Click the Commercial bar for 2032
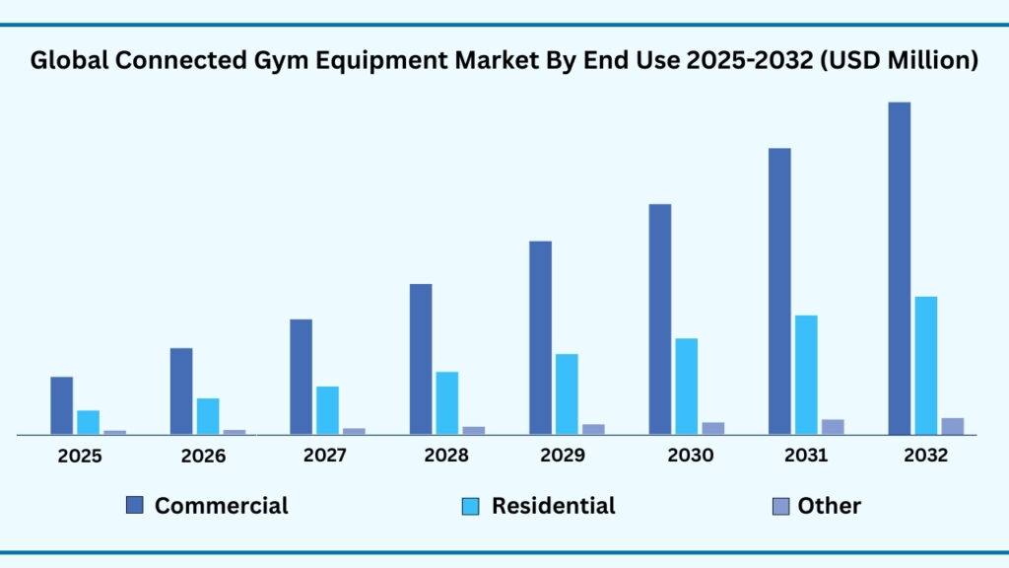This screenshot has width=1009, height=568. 899,267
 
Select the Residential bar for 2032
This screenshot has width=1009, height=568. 925,365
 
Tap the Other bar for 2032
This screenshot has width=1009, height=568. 952,425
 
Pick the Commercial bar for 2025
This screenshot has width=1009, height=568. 61,404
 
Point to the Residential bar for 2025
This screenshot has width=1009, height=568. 88,421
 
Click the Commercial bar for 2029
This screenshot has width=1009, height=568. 540,337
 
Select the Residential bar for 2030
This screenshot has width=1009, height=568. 686,386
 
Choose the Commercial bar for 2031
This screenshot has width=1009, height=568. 779,291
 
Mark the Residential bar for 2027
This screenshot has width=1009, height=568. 327,409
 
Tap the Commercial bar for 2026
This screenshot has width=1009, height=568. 181,390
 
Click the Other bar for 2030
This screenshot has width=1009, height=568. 712,427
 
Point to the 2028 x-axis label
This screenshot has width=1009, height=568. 446,456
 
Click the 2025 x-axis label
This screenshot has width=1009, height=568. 79,457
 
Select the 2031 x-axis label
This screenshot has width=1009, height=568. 806,456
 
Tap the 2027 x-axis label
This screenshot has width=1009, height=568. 324,456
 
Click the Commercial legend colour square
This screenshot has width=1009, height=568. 135,506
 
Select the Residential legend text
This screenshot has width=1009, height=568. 553,506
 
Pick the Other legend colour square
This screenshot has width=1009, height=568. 780,506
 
